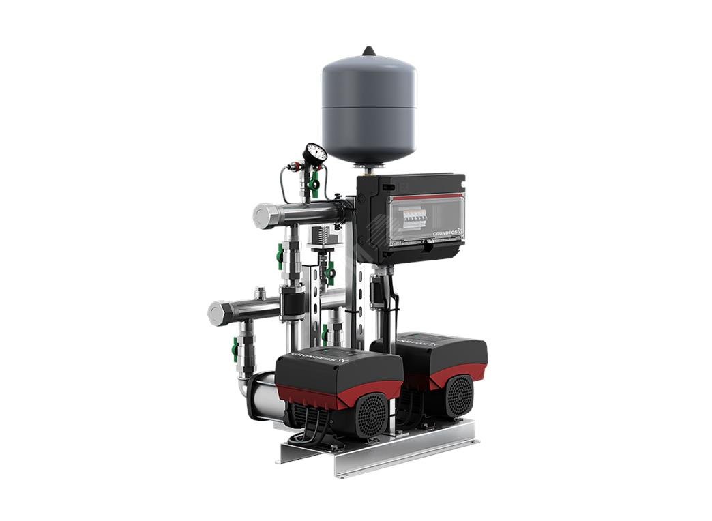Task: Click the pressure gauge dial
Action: (315, 153)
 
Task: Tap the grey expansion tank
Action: (368, 108)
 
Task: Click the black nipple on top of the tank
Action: (369, 50)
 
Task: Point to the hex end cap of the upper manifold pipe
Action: (263, 217)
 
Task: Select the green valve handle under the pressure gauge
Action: (314, 182)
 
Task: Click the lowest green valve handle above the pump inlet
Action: (235, 348)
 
